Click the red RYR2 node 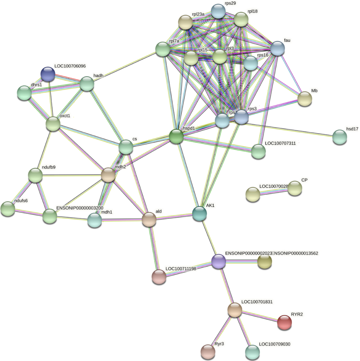285,322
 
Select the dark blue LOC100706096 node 48,74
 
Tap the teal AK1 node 199,213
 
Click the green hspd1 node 176,137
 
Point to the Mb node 305,99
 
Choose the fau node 277,48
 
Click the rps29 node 218,11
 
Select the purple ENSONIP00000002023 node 218,262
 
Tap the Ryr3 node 207,351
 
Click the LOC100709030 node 253,352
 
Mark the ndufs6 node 8,209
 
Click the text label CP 304,180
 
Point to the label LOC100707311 280,143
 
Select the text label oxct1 65,116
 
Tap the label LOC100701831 257,302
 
